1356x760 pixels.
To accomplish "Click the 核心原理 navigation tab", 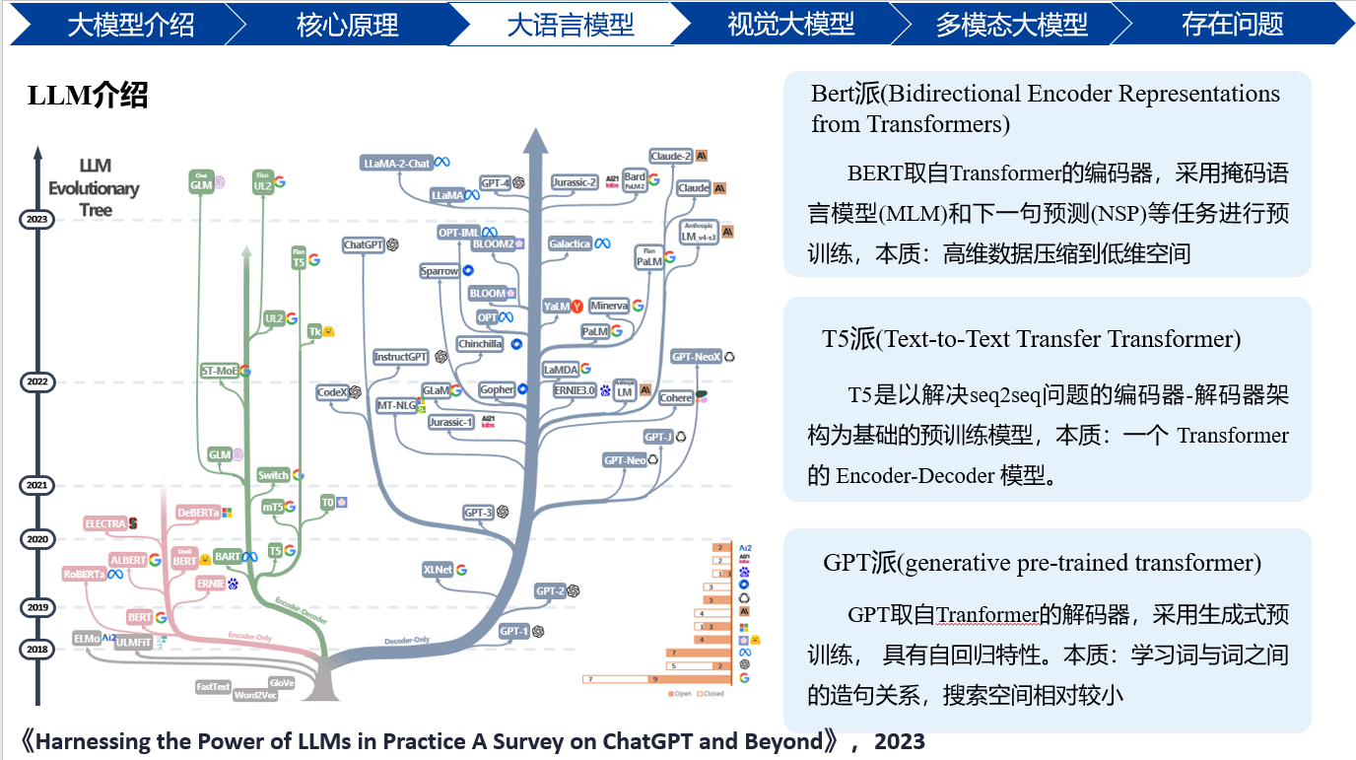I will click(347, 24).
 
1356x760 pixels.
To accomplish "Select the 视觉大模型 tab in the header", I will click(790, 24).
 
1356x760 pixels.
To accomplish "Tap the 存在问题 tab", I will click(1232, 24).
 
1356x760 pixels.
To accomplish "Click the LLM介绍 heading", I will click(88, 96).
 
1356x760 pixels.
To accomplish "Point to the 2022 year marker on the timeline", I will click(37, 381).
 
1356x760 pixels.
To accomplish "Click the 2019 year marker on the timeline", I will click(37, 608).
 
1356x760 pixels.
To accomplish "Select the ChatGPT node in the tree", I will click(364, 244).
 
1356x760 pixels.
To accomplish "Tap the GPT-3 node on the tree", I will click(479, 513).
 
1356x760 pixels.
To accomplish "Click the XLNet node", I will click(438, 570).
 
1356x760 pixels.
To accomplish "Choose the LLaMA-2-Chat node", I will click(397, 163).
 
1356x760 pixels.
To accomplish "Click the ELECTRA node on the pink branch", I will click(105, 523).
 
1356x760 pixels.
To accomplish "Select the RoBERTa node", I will click(84, 574).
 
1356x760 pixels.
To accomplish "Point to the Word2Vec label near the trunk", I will click(255, 695).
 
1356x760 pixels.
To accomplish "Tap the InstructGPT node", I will click(401, 357).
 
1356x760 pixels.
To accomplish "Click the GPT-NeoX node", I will click(697, 357).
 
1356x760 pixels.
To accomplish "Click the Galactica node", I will click(571, 243).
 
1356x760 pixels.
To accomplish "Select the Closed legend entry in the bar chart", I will click(712, 694).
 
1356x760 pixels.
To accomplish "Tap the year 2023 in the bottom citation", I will click(899, 740).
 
